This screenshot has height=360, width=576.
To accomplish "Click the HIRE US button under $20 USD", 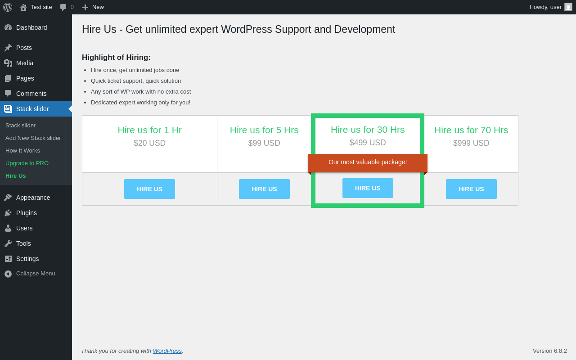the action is click(149, 189).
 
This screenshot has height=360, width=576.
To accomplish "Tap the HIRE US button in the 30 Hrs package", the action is click(368, 188).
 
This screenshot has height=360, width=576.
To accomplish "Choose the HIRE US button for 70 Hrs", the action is click(471, 189).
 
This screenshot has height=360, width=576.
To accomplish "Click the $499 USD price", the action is click(368, 143).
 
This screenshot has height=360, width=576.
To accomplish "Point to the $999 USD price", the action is click(471, 143).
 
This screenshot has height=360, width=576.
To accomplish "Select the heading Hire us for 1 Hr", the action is click(150, 130).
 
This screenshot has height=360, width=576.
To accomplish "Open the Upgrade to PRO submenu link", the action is click(27, 163).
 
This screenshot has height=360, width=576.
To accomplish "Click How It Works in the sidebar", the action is click(22, 150).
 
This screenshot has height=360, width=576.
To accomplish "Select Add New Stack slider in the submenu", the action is click(33, 138).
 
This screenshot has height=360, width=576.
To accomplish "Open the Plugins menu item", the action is click(27, 213).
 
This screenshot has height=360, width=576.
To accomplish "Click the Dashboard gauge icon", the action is click(8, 27).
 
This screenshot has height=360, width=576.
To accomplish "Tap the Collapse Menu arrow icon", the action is click(8, 274).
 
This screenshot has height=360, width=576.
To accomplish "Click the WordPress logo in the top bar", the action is click(8, 7).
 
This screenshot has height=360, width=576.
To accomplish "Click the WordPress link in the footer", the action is click(167, 351).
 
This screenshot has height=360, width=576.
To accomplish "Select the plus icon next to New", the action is click(85, 8).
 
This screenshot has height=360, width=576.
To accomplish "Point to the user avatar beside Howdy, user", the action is click(568, 7).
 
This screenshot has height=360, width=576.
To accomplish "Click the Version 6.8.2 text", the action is click(550, 351).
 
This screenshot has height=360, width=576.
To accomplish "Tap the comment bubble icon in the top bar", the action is click(63, 7).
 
